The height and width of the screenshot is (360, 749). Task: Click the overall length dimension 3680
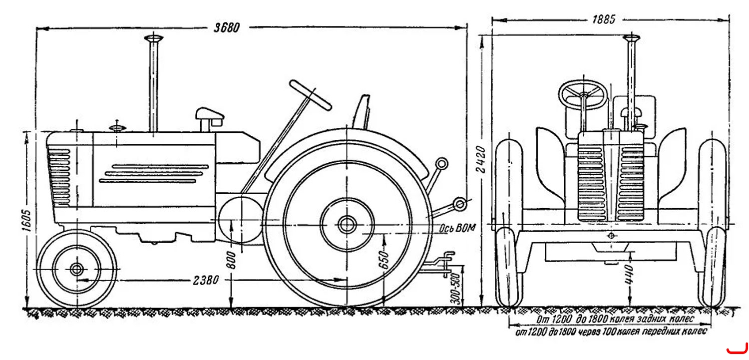coord(227,27)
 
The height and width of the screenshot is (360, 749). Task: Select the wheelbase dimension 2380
coord(206,280)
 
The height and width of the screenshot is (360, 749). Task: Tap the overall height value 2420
coord(481,159)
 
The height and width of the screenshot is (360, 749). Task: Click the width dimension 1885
coord(604,19)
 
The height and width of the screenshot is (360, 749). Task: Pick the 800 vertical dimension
coord(231,261)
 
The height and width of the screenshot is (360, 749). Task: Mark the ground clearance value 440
coord(629,275)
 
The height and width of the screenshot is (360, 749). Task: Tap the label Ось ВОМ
coord(457,229)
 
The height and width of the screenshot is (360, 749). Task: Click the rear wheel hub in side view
coord(347,225)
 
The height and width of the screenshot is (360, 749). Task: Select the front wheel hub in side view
coord(77,269)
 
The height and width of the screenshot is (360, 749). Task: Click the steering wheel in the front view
coord(583,94)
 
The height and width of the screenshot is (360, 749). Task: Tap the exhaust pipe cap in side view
coord(153,38)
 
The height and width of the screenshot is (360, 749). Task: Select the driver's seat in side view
coord(362,112)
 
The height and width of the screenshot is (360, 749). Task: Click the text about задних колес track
coord(615,319)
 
